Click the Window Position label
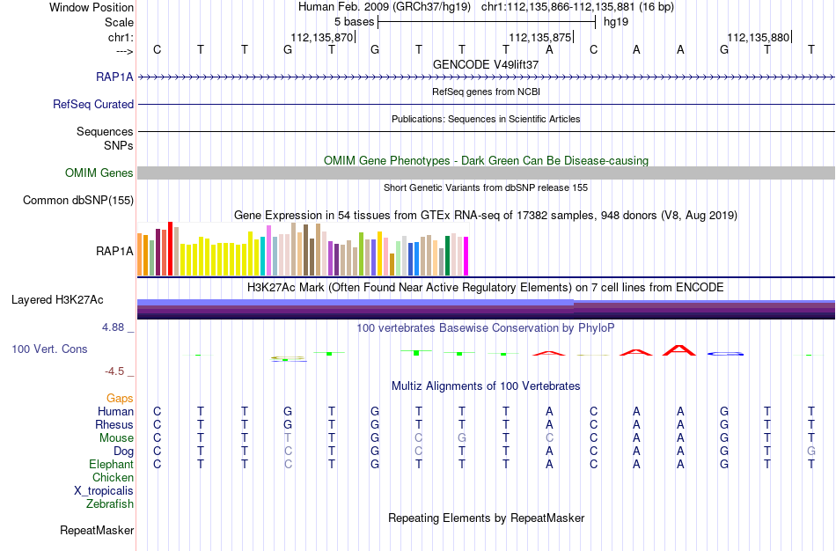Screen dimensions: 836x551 [x=92, y=7]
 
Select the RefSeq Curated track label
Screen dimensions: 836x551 [x=93, y=104]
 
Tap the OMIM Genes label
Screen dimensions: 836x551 [x=99, y=173]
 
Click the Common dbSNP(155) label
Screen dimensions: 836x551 [x=78, y=200]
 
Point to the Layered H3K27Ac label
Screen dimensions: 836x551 [x=57, y=300]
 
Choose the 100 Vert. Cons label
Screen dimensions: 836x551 [x=49, y=349]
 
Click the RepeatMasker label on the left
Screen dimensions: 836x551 [x=97, y=530]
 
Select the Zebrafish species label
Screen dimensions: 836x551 [x=110, y=503]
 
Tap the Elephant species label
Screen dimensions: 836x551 [x=111, y=464]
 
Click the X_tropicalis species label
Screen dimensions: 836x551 [x=104, y=491]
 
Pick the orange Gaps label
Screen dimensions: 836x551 [x=120, y=399]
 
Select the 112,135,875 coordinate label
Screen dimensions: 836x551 [x=540, y=37]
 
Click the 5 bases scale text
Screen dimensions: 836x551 [x=354, y=22]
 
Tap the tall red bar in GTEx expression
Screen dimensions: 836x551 [x=171, y=248]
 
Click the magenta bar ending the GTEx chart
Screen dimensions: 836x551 [x=466, y=256]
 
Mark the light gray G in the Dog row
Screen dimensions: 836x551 [x=811, y=451]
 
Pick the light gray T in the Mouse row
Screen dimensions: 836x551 [x=288, y=438]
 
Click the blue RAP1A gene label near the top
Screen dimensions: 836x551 [x=114, y=77]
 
